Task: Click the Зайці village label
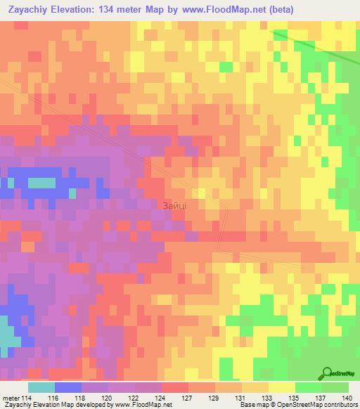tap(174, 204)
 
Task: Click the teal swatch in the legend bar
tap(41, 387)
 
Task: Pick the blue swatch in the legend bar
tap(67, 387)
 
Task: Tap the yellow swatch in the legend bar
tap(281, 387)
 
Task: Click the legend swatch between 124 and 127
tap(174, 387)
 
